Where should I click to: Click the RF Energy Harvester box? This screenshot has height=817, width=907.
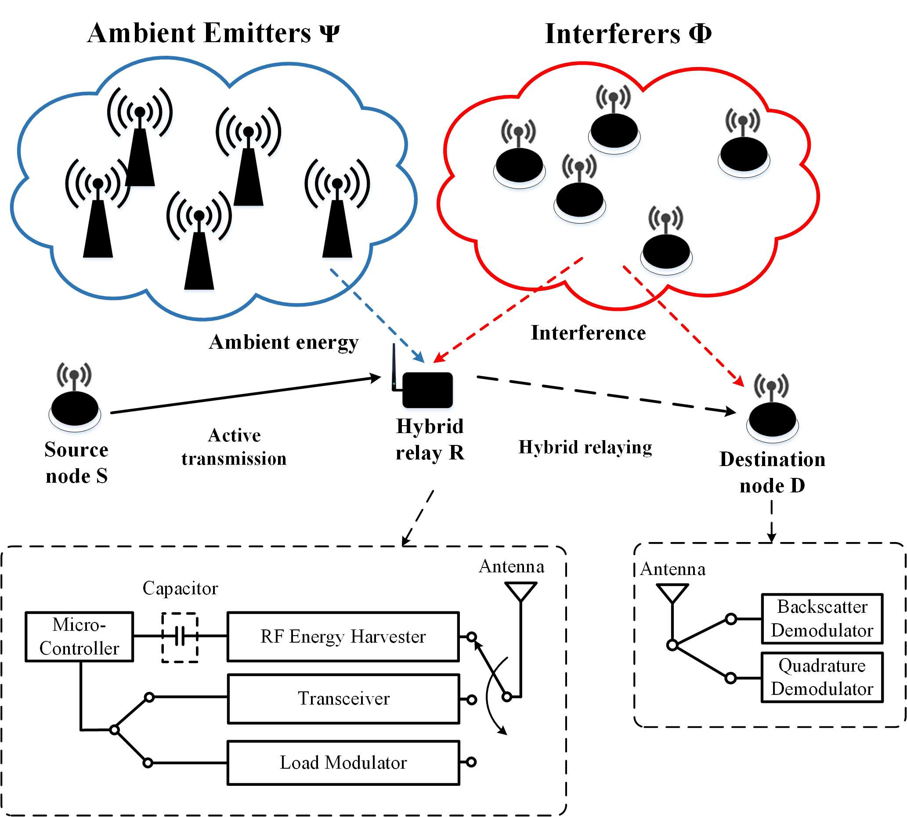click(x=343, y=636)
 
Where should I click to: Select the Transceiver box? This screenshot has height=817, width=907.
click(x=343, y=698)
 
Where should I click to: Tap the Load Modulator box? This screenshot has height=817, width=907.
click(x=343, y=763)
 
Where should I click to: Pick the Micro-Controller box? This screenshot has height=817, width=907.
click(x=79, y=636)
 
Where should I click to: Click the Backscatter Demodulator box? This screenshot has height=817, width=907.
click(x=822, y=618)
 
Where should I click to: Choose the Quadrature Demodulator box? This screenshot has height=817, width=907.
click(x=822, y=677)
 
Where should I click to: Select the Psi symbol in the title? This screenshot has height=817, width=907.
click(x=330, y=33)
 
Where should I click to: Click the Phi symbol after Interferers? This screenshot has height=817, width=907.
click(x=700, y=33)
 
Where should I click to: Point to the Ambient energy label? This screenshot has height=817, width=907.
click(x=284, y=343)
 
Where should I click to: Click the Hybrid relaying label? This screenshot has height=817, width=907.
click(x=585, y=447)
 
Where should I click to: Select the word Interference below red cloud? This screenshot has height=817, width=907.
click(x=588, y=333)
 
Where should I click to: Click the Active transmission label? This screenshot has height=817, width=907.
click(x=234, y=447)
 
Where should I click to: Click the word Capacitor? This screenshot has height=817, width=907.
click(x=180, y=588)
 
